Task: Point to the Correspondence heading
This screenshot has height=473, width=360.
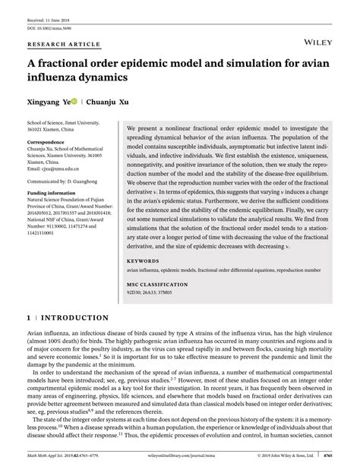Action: tap(48, 141)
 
